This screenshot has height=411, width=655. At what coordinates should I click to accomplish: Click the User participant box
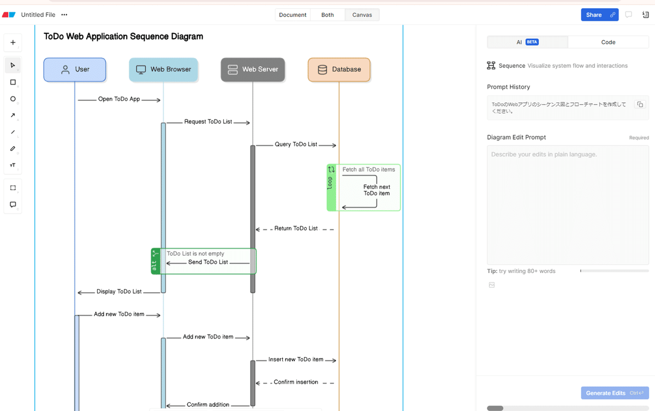[x=75, y=70]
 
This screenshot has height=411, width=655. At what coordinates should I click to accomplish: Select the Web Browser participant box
[x=163, y=70]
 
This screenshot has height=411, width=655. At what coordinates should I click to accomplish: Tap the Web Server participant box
[x=253, y=70]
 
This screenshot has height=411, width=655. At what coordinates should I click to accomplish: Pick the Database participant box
[x=339, y=70]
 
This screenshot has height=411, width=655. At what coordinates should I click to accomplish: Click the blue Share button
[x=600, y=15]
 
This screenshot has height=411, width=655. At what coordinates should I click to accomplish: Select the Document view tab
[x=293, y=15]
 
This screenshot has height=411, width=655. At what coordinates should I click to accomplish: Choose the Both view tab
[x=327, y=15]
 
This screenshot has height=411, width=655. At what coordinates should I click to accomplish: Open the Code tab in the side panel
[x=608, y=42]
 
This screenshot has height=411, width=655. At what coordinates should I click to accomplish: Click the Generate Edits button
[x=615, y=393]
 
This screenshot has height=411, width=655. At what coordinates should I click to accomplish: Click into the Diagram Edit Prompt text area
[x=568, y=205]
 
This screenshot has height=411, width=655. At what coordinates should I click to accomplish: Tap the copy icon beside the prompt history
[x=640, y=104]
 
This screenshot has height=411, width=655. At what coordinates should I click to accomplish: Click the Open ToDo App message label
[x=119, y=99]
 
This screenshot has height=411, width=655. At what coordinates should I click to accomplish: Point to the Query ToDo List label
[x=296, y=144]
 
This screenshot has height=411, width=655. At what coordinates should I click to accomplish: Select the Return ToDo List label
[x=296, y=228]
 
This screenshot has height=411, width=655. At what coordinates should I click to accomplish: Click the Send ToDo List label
[x=208, y=262]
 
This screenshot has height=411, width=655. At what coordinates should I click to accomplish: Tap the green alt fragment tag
[x=156, y=261]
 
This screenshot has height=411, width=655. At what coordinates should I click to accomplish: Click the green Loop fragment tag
[x=331, y=188]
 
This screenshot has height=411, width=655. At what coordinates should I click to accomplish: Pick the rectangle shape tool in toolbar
[x=13, y=82]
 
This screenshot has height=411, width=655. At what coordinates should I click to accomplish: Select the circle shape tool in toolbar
[x=13, y=99]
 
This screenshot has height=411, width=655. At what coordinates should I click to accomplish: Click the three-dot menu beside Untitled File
[x=64, y=15]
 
